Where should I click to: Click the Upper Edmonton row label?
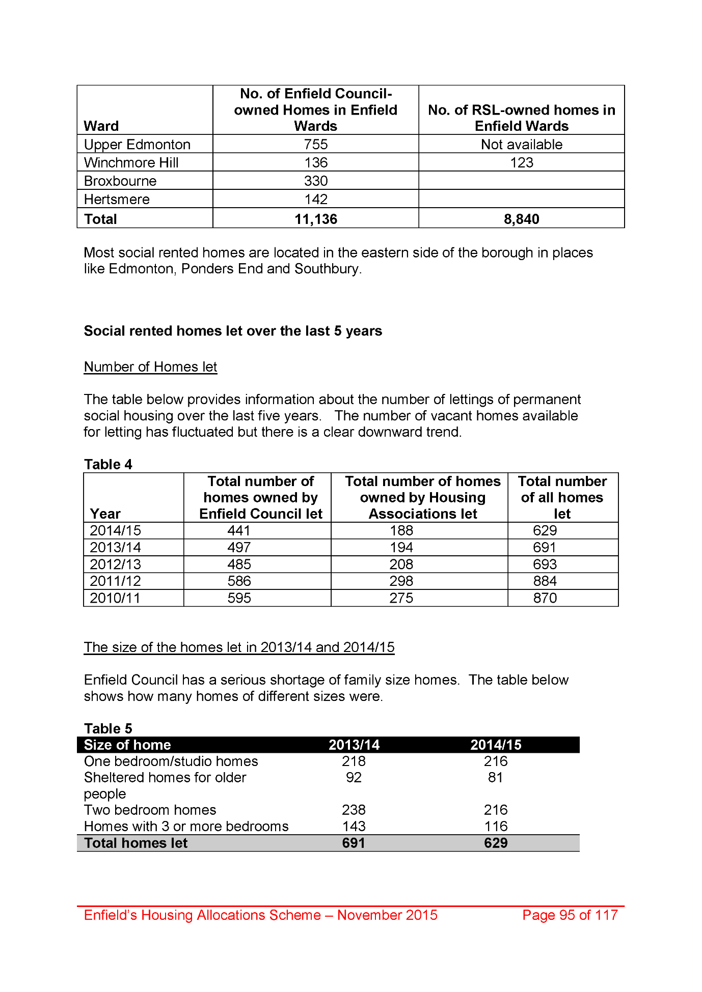tap(137, 145)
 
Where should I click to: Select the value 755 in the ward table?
tap(316, 145)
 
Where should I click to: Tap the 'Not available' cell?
tap(521, 145)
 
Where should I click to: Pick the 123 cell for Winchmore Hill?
tap(521, 163)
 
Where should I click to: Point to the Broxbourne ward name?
tap(120, 181)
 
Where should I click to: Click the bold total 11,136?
tap(316, 219)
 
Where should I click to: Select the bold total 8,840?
tap(521, 219)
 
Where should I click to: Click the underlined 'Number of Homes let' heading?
tap(150, 367)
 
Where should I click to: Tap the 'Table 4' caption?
tap(108, 464)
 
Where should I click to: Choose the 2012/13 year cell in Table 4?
tap(115, 564)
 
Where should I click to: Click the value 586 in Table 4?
tap(239, 581)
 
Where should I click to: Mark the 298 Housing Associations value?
tap(401, 581)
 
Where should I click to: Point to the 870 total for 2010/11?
tap(545, 598)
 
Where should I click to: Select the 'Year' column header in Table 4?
tap(105, 514)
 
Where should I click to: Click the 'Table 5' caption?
tap(108, 728)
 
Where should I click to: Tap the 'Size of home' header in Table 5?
tap(127, 745)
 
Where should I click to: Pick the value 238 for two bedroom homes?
tap(354, 810)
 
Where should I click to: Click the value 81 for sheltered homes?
tap(495, 778)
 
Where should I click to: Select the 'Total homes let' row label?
tap(136, 843)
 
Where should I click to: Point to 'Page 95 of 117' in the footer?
tap(570, 915)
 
